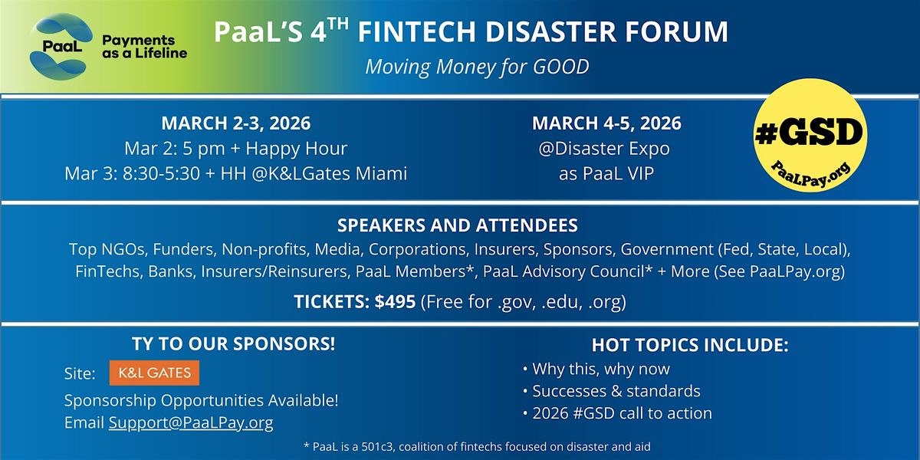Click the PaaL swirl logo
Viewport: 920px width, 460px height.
coord(61,46)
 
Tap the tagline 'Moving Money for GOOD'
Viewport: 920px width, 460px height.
coord(477,67)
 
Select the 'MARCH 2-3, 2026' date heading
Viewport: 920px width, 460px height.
coord(236,123)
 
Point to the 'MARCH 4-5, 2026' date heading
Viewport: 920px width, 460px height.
coord(606,123)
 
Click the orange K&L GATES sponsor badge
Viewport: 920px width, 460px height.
coord(154,373)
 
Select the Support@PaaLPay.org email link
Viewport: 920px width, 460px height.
coord(191,422)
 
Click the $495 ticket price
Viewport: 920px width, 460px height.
coord(395,302)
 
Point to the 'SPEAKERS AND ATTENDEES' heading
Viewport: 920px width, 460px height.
coord(458,225)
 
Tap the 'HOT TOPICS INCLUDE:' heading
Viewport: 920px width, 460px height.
coord(690,345)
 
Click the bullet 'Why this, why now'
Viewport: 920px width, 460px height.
coord(596,369)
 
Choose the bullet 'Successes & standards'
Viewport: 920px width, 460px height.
coord(612,391)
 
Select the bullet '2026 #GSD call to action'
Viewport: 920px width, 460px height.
coord(618,413)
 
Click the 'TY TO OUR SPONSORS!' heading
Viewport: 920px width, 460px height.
coord(234,343)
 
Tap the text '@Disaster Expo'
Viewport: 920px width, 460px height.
coord(604,149)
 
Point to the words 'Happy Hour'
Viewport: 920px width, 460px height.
coord(297,149)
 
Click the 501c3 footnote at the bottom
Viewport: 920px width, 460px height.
coord(477,446)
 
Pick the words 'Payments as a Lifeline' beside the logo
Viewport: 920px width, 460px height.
coord(145,47)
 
